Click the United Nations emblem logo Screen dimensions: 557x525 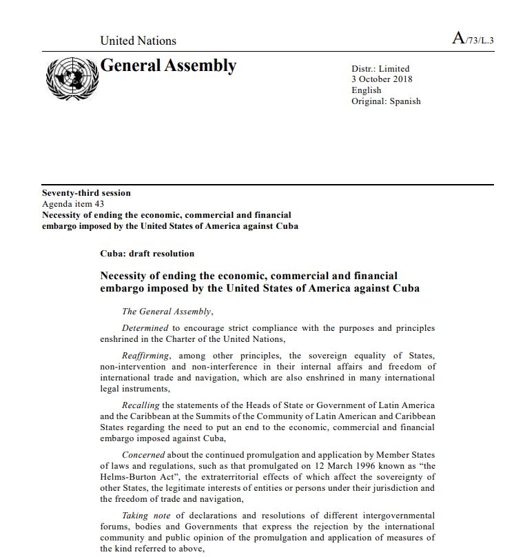pyautogui.click(x=72, y=78)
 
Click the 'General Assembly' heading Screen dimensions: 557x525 pyautogui.click(x=168, y=65)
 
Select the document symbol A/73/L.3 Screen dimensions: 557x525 pyautogui.click(x=473, y=39)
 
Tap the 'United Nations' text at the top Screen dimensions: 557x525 pyautogui.click(x=138, y=41)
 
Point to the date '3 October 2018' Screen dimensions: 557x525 pyautogui.click(x=382, y=79)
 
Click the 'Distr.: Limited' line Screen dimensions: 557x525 pyautogui.click(x=380, y=69)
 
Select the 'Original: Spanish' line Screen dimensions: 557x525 pyautogui.click(x=386, y=101)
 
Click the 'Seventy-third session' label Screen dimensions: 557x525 pyautogui.click(x=86, y=193)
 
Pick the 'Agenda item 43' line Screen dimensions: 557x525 pyautogui.click(x=73, y=204)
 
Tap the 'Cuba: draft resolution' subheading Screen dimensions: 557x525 pyautogui.click(x=147, y=254)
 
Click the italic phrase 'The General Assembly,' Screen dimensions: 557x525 pyautogui.click(x=167, y=312)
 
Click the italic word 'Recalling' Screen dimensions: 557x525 pyautogui.click(x=141, y=405)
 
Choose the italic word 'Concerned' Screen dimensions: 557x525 pyautogui.click(x=143, y=455)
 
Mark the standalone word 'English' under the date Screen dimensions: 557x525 pyautogui.click(x=366, y=90)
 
